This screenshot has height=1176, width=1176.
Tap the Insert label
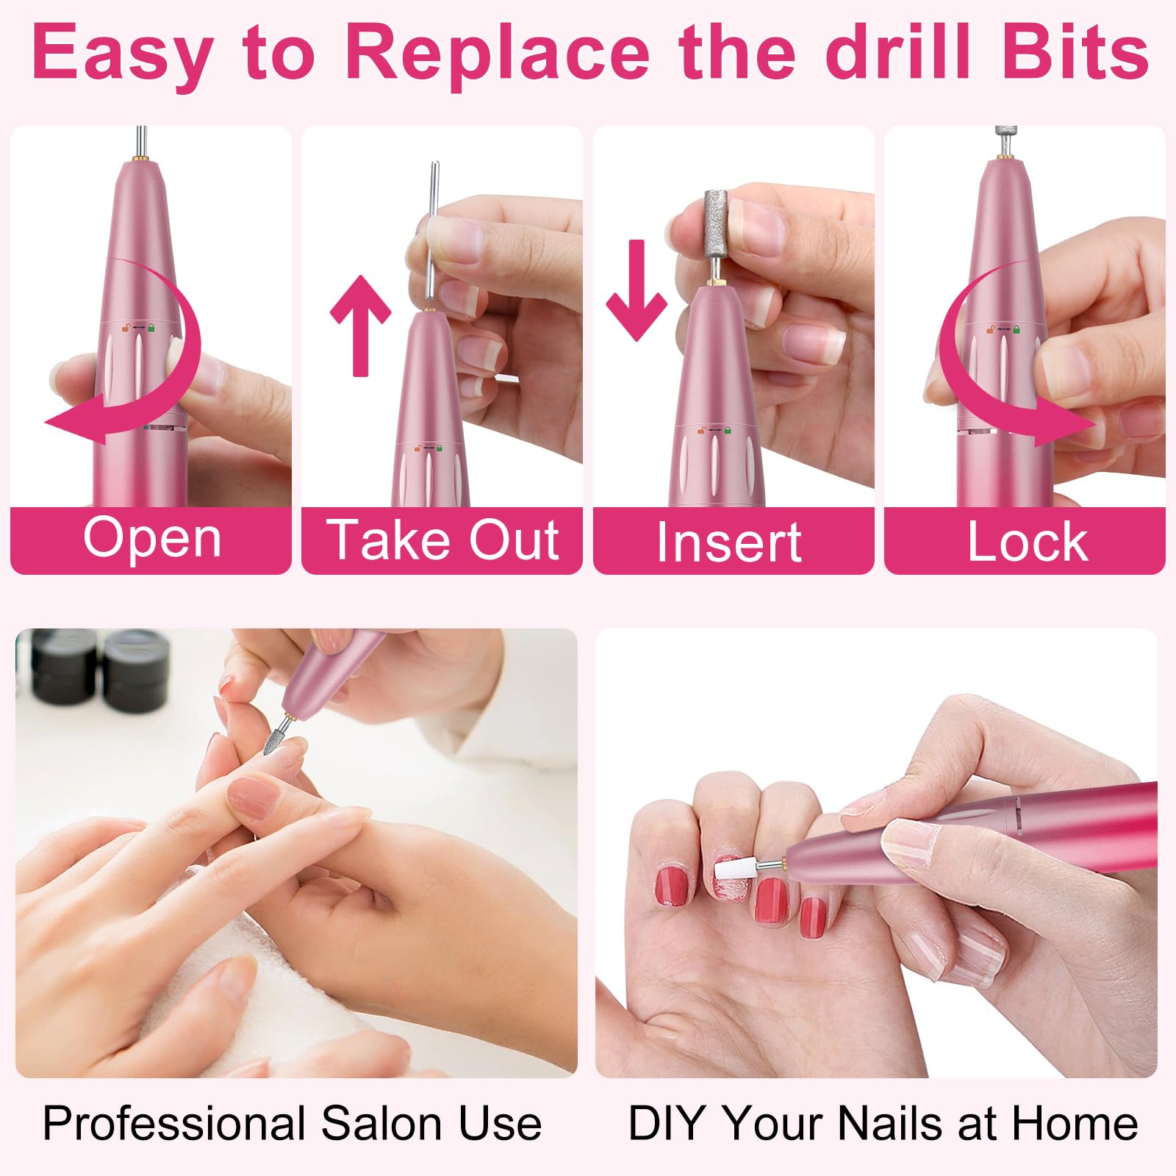729,542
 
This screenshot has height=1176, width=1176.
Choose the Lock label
1027,542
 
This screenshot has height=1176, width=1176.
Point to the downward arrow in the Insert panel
637,290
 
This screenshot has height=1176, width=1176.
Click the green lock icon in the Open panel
151,327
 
